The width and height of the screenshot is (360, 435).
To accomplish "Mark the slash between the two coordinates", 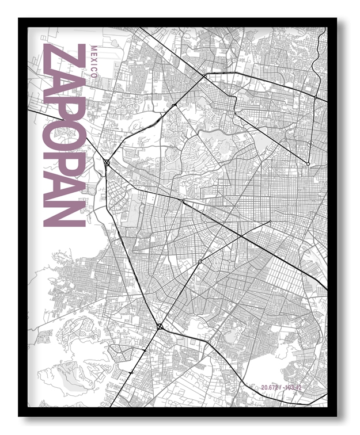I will [281, 387].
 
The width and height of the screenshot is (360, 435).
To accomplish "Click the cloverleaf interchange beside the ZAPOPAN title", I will [107, 163].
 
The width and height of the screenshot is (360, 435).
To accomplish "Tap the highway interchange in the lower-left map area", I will [160, 327].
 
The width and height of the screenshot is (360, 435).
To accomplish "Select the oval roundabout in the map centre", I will [200, 262].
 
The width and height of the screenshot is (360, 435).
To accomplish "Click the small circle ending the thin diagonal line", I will [270, 222].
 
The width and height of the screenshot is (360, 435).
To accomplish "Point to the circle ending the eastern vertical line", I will [308, 164].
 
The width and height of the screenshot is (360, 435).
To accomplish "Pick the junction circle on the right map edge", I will [315, 98].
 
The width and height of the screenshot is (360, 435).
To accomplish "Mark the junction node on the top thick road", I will [204, 75].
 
